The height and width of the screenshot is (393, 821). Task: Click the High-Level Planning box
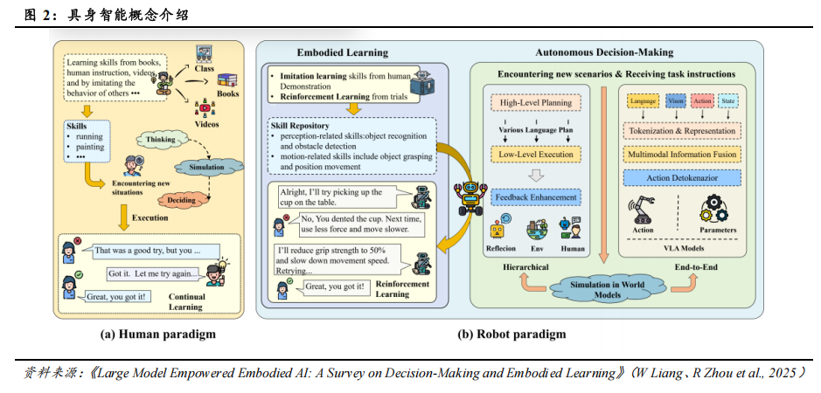[537, 103]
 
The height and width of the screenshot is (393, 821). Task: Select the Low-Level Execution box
[537, 155]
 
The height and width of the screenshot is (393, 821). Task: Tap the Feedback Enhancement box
[537, 197]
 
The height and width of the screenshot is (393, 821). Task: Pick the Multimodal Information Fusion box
[679, 155]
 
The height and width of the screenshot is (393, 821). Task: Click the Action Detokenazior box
[679, 177]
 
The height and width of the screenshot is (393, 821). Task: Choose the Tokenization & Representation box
[679, 131]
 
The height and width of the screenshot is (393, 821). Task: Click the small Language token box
[644, 102]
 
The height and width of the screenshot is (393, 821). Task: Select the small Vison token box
[676, 102]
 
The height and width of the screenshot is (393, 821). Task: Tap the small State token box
[729, 102]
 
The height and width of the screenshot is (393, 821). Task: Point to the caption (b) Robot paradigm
[511, 334]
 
